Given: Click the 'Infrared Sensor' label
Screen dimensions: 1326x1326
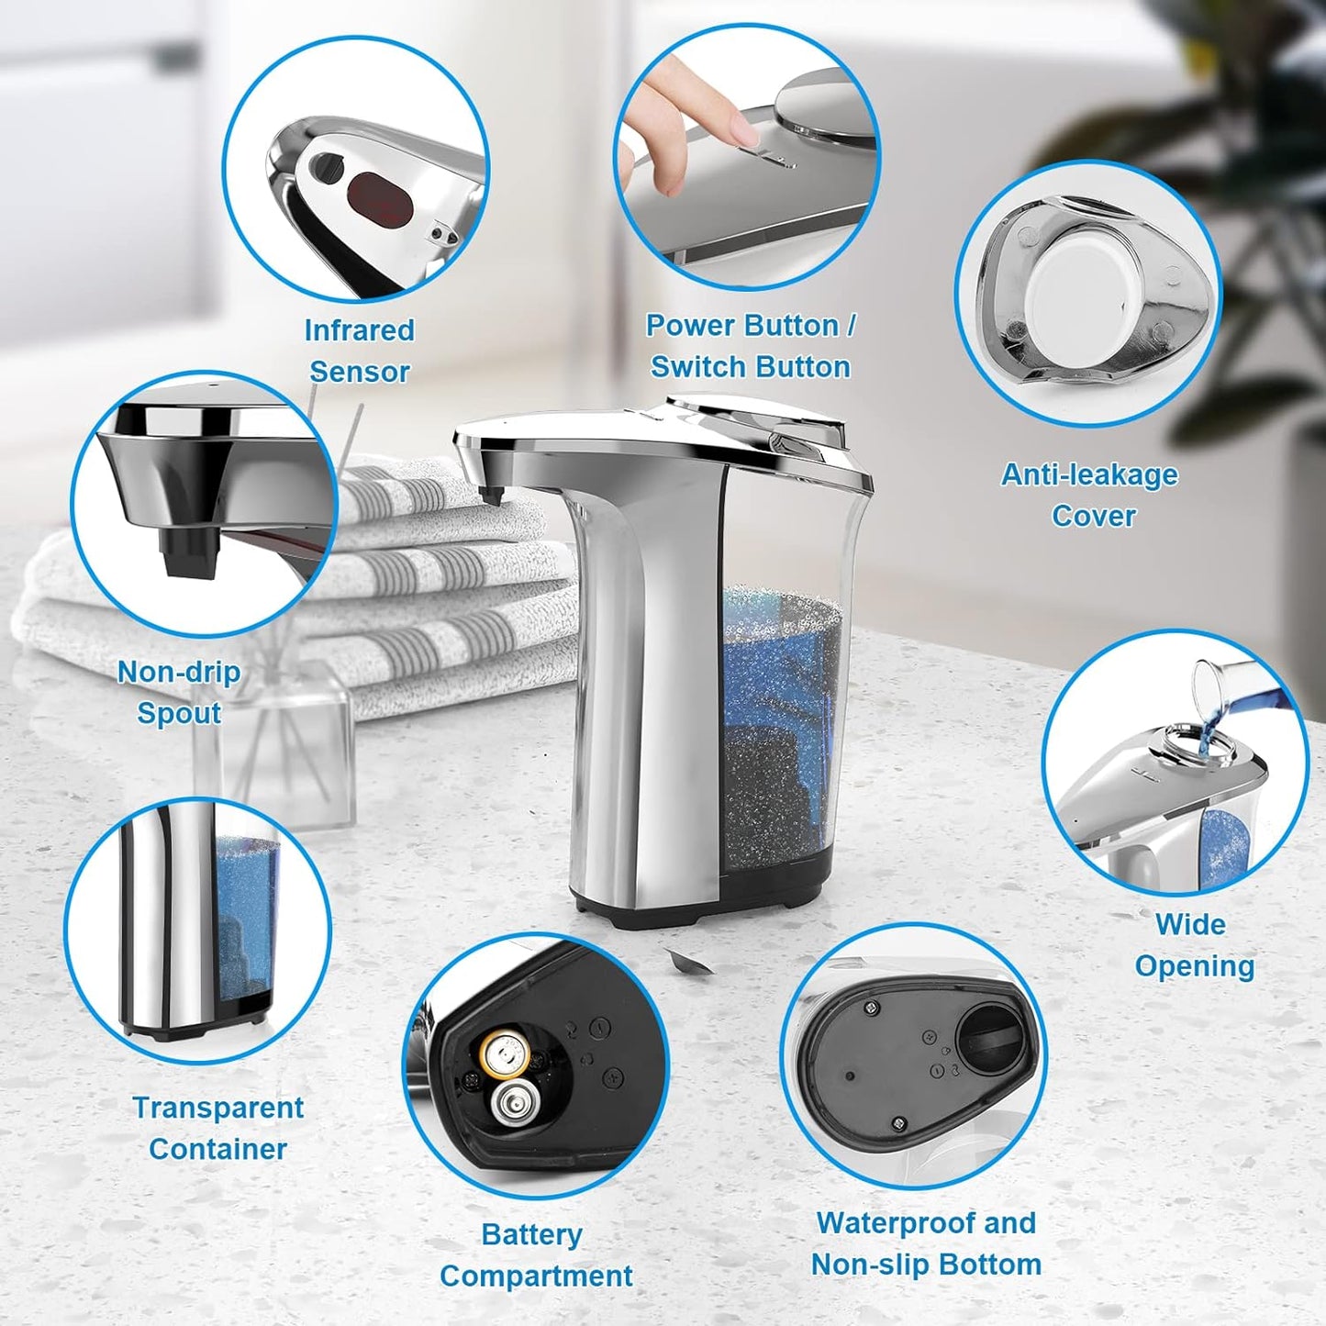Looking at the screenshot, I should click(x=359, y=351).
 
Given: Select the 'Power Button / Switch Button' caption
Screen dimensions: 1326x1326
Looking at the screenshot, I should click(x=750, y=346).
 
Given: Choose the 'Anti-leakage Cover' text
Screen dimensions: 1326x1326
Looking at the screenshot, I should click(x=1090, y=495).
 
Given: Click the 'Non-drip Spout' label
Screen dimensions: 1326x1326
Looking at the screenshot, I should click(x=179, y=692).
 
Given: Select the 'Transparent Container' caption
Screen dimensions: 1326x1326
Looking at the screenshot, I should click(x=217, y=1128).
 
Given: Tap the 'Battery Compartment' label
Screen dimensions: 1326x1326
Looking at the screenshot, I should click(x=535, y=1254).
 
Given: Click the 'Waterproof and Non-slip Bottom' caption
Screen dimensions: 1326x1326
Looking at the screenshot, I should click(x=925, y=1242).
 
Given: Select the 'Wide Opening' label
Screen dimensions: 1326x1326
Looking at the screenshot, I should click(x=1193, y=944).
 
